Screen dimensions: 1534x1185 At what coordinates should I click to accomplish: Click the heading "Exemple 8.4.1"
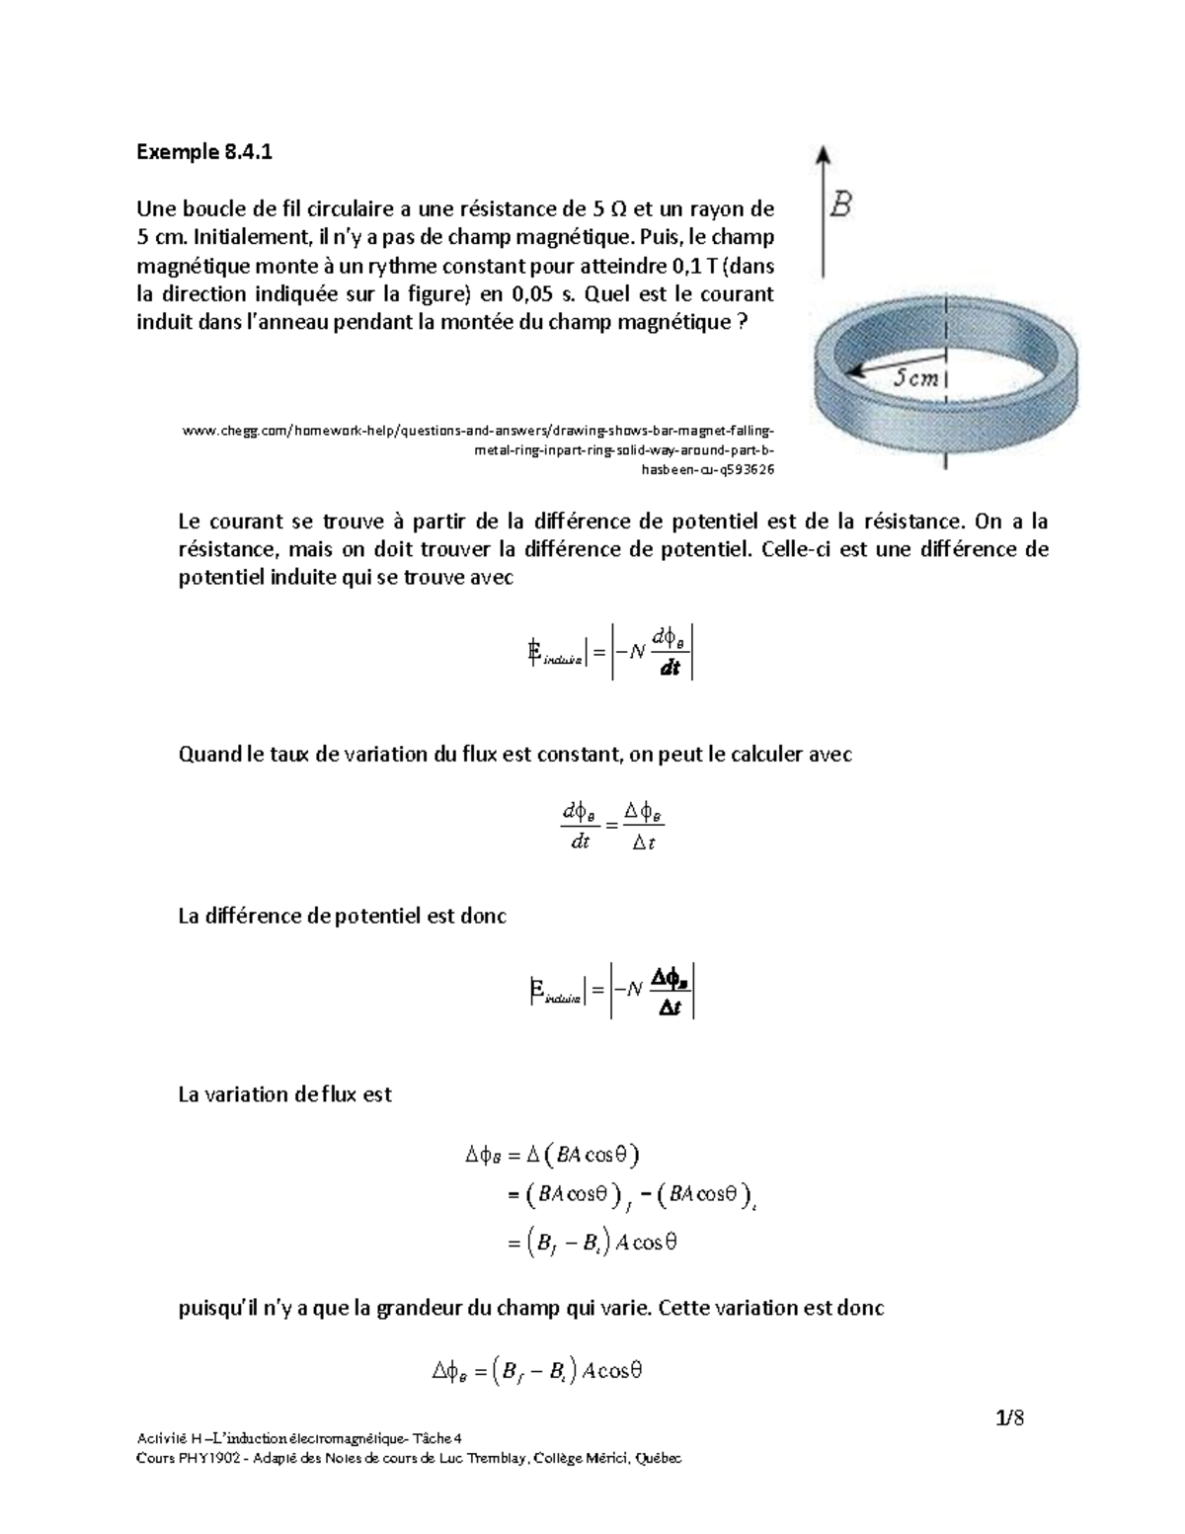203,152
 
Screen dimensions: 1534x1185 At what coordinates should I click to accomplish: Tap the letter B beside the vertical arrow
840,205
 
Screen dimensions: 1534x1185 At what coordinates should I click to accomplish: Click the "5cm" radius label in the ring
917,376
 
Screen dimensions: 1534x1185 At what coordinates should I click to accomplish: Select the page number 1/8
1010,1419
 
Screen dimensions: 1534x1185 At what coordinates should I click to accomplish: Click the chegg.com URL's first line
479,431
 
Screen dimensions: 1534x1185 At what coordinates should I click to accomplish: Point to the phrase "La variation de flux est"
284,1094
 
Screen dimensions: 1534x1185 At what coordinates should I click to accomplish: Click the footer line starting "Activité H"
305,1438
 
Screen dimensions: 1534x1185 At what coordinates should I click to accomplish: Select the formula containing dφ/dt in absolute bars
612,651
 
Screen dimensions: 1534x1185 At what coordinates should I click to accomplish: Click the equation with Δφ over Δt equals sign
612,827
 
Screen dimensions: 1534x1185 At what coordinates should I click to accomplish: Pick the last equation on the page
538,1371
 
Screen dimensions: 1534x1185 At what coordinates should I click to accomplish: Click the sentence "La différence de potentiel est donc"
342,916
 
